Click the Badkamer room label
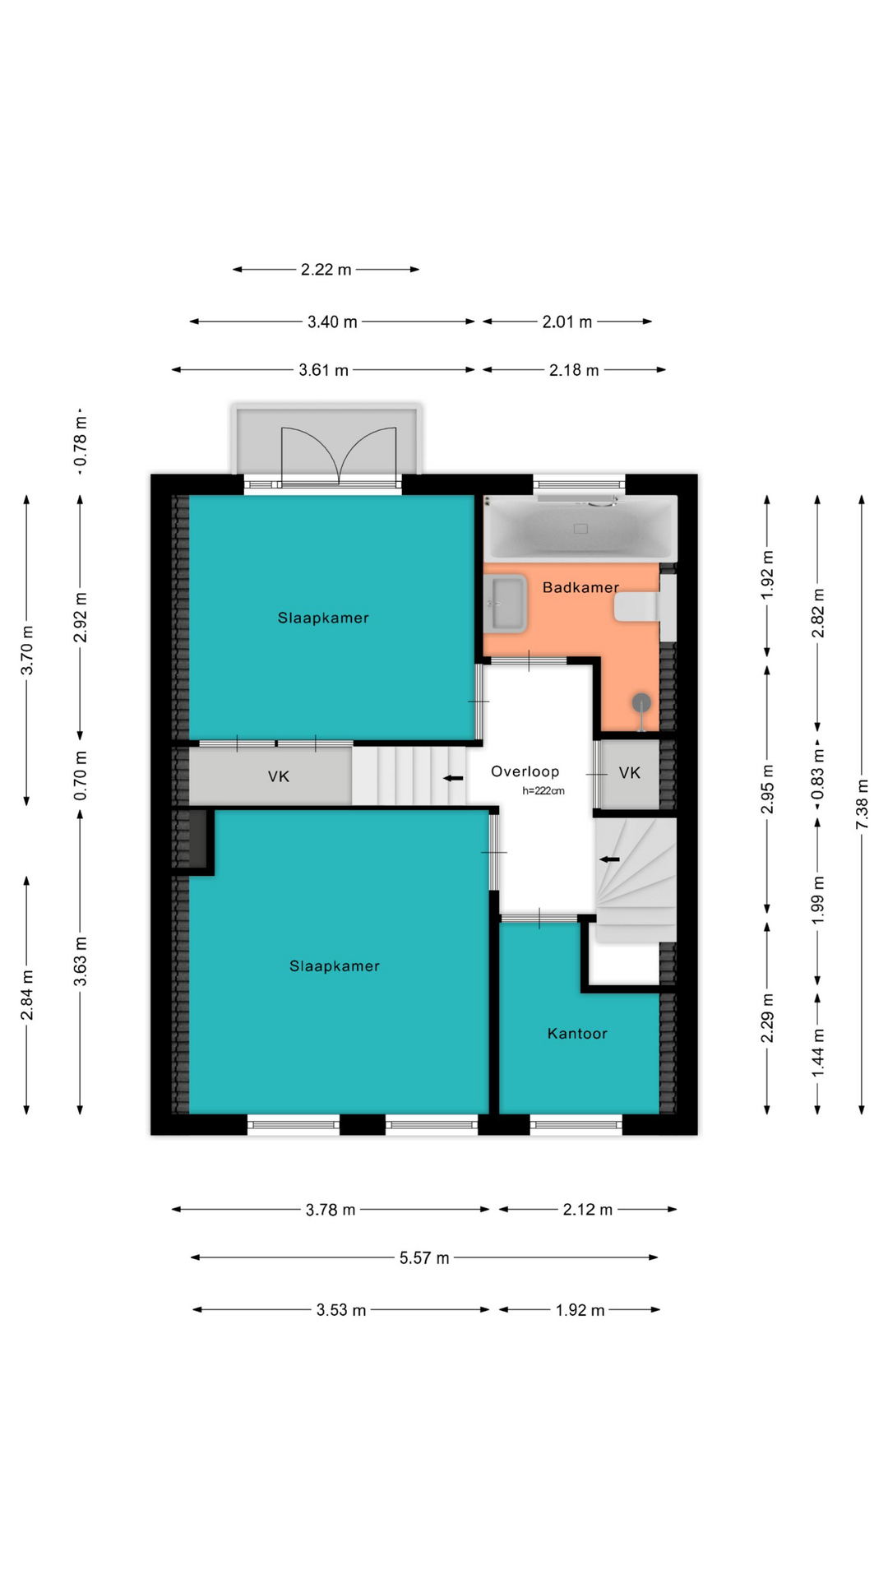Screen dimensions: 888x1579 click(x=580, y=587)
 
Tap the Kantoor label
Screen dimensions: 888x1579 click(x=577, y=1034)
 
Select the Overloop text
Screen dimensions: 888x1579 click(x=525, y=771)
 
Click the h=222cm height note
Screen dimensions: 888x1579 click(x=543, y=791)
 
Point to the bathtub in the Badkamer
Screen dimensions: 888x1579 click(x=580, y=528)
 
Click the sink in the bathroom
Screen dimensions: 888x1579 click(x=505, y=604)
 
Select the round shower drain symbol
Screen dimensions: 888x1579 click(x=641, y=703)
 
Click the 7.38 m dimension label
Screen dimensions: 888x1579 click(x=862, y=803)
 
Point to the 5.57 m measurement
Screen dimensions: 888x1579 click(x=424, y=1258)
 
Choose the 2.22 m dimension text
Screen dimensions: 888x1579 click(x=326, y=270)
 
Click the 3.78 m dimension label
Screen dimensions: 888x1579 click(x=331, y=1210)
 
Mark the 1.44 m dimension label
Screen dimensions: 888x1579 click(x=817, y=1053)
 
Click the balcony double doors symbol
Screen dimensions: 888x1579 click(x=339, y=455)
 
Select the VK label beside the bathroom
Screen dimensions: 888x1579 click(x=630, y=773)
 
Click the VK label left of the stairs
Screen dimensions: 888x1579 click(x=279, y=776)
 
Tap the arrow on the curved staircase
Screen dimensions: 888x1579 click(x=609, y=859)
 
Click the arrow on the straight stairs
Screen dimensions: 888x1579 click(x=453, y=778)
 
